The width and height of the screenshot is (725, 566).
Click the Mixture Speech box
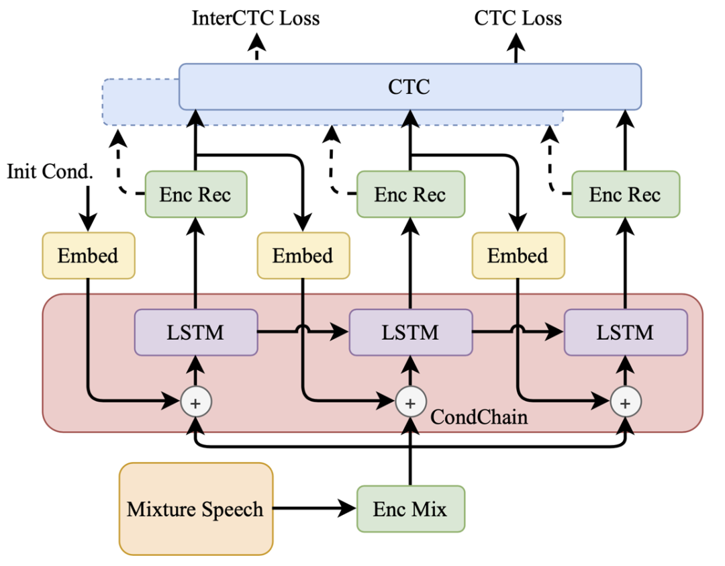tap(195, 509)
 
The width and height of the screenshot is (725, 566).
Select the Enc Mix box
tap(409, 509)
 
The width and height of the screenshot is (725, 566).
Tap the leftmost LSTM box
tap(196, 332)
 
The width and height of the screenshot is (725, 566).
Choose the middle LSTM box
tap(410, 332)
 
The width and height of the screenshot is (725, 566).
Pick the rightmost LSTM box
tap(625, 332)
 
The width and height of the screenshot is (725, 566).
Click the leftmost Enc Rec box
tap(195, 195)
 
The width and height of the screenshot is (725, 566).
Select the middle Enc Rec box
tap(410, 195)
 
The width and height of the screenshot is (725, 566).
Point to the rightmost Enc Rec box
tap(625, 195)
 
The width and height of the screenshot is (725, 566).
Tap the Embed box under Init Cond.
tap(88, 256)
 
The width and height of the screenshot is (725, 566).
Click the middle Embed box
tap(303, 256)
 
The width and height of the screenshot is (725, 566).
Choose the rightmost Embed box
tap(518, 256)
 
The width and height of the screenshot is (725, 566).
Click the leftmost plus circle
tap(196, 403)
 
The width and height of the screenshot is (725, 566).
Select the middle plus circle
tap(410, 403)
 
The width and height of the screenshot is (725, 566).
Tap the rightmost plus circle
tap(626, 403)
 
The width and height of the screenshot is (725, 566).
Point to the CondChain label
tap(479, 417)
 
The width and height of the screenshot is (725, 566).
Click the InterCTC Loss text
tap(256, 18)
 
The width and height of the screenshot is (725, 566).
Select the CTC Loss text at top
tap(518, 18)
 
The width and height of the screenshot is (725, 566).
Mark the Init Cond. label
tap(49, 171)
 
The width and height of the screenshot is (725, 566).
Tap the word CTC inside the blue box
tap(409, 87)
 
